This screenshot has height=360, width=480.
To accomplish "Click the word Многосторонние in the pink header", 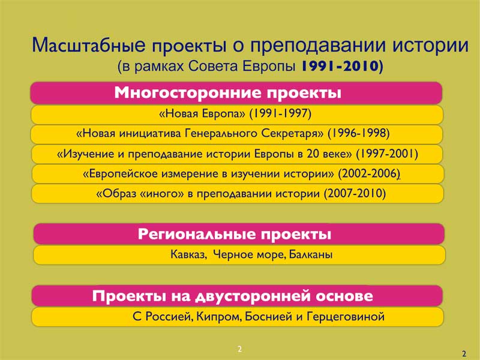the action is (188, 92).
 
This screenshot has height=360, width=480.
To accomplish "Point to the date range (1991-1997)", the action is (280, 113).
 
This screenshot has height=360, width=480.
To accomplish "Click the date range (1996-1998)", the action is (358, 133).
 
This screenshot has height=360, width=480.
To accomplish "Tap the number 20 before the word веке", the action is (313, 154).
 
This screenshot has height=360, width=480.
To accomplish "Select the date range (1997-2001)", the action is (386, 154).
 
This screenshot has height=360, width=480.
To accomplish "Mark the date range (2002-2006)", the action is (369, 174).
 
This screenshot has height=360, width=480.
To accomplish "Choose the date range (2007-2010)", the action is (355, 193).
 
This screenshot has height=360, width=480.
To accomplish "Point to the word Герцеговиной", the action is (346, 317).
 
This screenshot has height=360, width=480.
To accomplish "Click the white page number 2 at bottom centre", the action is (239, 349).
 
